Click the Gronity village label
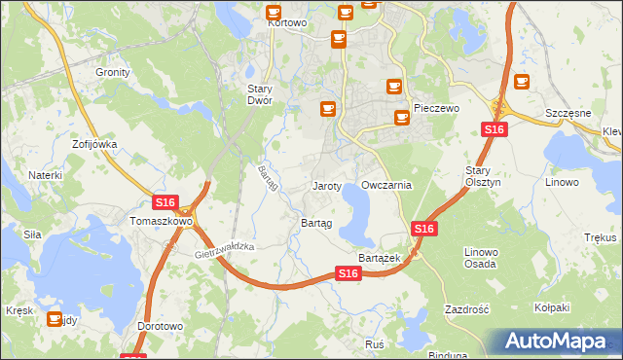click(x=113, y=72)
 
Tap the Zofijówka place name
click(x=94, y=144)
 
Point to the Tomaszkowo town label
click(x=161, y=221)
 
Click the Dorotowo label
click(x=160, y=326)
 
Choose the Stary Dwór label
click(x=258, y=93)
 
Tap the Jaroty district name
click(x=326, y=185)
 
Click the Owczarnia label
click(x=386, y=185)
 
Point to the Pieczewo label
click(x=435, y=109)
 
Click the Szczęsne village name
click(x=568, y=113)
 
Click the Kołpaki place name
click(x=552, y=307)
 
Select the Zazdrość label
click(x=465, y=308)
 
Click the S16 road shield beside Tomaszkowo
click(x=165, y=202)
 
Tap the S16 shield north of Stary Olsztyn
click(x=494, y=129)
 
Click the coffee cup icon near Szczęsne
click(x=522, y=83)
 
